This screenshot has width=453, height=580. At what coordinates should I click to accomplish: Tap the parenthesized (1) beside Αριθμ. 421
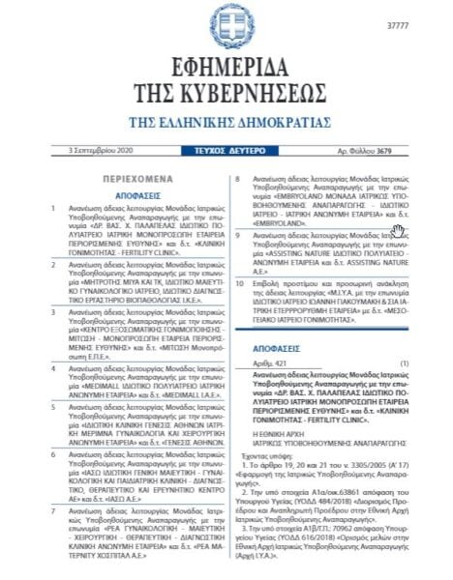[405, 362]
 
